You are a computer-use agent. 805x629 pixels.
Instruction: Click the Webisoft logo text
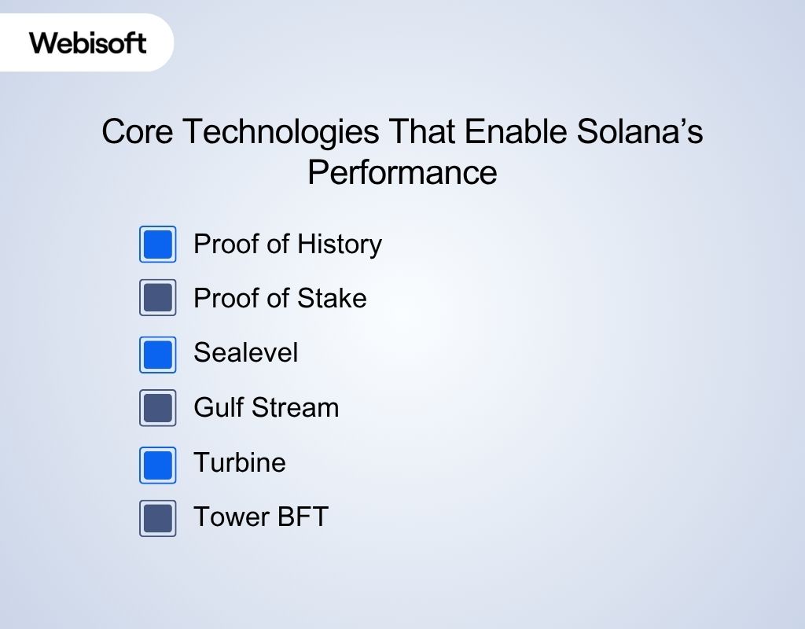point(88,42)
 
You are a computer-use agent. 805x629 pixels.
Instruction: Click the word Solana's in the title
point(639,131)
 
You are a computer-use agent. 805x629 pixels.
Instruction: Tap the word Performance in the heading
point(402,172)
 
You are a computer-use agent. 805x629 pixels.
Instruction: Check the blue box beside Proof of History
point(158,244)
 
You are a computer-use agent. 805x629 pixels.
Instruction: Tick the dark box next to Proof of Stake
point(158,298)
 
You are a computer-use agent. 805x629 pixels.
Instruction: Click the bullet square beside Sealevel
point(158,354)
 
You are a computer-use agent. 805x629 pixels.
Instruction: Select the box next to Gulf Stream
point(158,408)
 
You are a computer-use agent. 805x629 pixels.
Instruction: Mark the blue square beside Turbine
point(158,464)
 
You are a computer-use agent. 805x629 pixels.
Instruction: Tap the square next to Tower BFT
point(158,518)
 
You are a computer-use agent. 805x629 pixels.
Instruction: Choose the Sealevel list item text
point(245,352)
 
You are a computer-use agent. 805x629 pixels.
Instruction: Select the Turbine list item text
point(239,462)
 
